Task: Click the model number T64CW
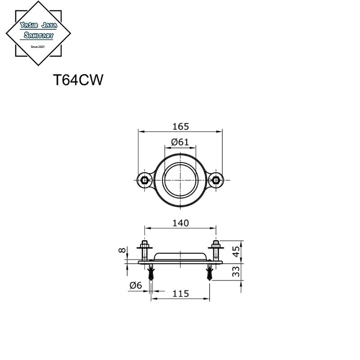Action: (x=79, y=80)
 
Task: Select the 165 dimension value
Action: (x=180, y=126)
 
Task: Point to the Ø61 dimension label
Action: (x=180, y=142)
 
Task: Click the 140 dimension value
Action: (x=180, y=223)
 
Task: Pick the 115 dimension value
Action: (x=180, y=293)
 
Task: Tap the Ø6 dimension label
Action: (x=135, y=285)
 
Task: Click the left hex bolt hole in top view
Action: (x=144, y=180)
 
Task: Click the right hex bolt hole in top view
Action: (x=216, y=180)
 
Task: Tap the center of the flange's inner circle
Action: (x=180, y=180)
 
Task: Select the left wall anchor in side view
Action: (x=151, y=272)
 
